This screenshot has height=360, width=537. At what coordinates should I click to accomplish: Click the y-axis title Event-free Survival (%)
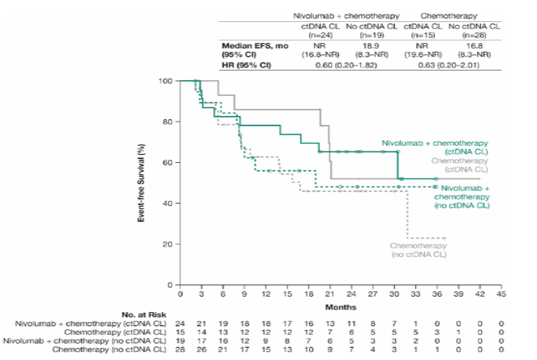[143, 183]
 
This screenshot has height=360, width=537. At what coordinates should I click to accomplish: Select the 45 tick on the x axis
[501, 295]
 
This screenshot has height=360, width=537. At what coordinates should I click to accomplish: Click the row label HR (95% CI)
[243, 64]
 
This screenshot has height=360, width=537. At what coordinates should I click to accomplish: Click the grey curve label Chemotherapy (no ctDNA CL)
[419, 249]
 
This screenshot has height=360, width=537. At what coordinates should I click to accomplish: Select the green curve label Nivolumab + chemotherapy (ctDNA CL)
[436, 147]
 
